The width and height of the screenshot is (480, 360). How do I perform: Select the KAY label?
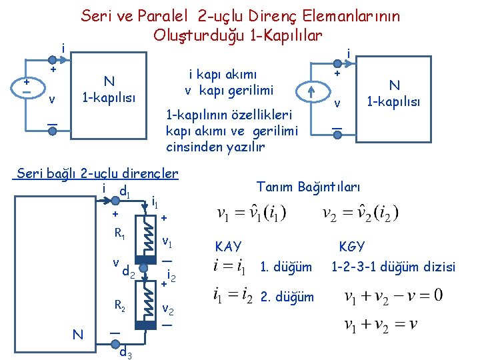pos(228,246)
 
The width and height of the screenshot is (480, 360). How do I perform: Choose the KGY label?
pos(351,246)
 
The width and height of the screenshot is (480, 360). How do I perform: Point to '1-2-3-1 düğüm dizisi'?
pos(393,267)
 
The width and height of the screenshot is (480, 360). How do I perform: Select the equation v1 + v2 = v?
pos(380,324)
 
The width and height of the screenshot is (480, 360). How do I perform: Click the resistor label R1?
pos(120,234)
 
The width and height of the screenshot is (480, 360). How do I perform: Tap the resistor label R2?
pos(120,306)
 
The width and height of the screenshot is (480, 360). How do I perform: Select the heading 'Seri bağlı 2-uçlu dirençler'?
pos(97,174)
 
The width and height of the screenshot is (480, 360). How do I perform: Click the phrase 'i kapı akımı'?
pos(223,75)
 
